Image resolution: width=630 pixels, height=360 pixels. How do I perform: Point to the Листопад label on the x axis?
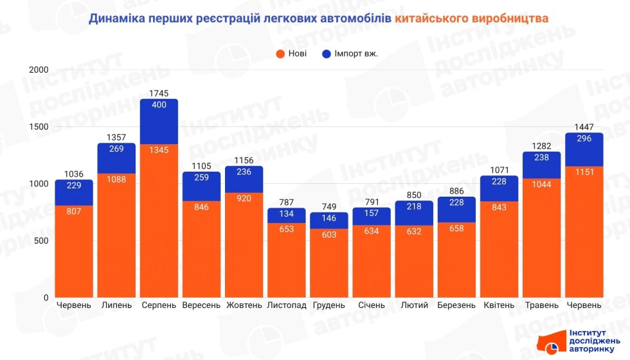pos(286,305)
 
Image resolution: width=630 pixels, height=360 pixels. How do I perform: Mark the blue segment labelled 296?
pos(584,149)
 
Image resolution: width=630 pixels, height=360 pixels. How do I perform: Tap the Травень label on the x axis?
pos(541,305)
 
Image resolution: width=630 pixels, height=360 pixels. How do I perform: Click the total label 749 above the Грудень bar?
pos(329,206)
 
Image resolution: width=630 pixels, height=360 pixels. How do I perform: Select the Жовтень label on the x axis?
pos(244,305)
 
